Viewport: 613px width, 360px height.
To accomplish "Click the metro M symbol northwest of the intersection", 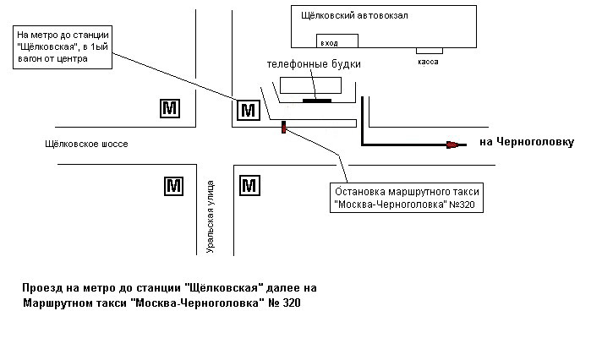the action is tap(170, 108).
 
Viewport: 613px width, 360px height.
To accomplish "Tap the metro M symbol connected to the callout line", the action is tap(249, 110).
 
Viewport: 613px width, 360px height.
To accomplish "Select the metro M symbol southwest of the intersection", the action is tap(173, 186).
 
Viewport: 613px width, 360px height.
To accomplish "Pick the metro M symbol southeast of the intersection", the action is tap(249, 186).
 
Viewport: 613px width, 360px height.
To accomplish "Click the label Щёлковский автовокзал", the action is tap(354, 16).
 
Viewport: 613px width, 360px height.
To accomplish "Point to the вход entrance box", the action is tap(337, 41).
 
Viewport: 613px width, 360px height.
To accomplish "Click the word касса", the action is tap(428, 62).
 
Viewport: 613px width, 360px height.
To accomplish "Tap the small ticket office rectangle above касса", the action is tap(430, 51).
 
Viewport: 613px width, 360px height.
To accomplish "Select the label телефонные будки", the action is tap(314, 64).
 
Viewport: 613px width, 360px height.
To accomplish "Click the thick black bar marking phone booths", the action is tap(317, 101).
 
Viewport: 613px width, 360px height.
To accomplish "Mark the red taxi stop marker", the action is tap(284, 127).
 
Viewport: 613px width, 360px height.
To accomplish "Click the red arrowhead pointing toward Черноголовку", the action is tap(452, 145).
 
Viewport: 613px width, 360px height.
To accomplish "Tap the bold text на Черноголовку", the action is tap(527, 142).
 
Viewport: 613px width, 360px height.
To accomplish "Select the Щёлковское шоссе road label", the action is tap(86, 144).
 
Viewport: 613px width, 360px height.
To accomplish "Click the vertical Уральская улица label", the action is tap(210, 216).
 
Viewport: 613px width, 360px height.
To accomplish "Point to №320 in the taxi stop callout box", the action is tap(462, 205).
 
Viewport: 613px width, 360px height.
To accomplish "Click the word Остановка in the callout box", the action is tap(360, 192).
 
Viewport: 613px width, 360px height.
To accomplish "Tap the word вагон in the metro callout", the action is tap(29, 59).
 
